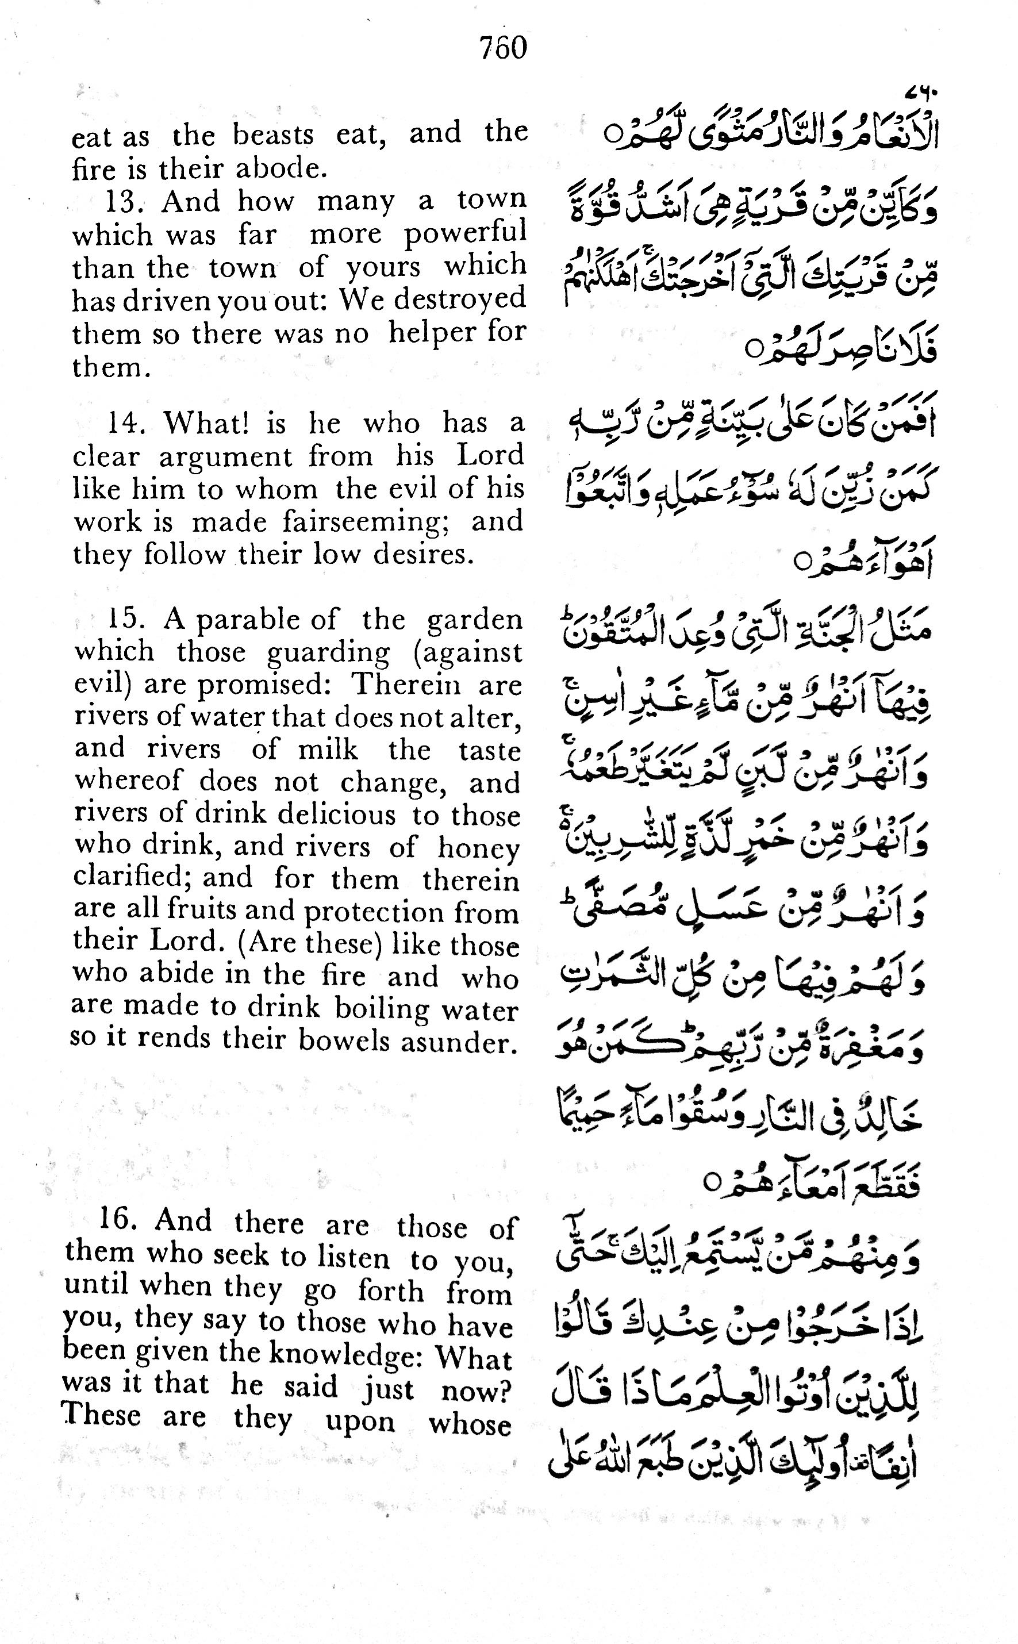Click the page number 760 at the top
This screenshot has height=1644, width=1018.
503,48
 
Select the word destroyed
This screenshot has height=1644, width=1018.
460,299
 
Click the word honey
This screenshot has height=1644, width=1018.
479,848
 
